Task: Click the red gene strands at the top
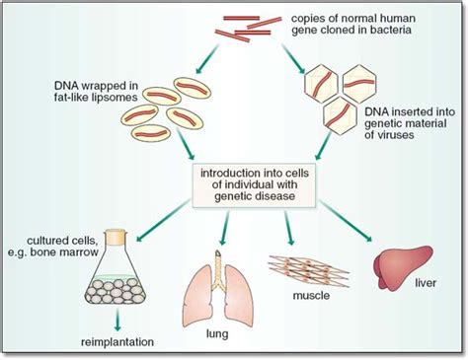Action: tap(242, 26)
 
